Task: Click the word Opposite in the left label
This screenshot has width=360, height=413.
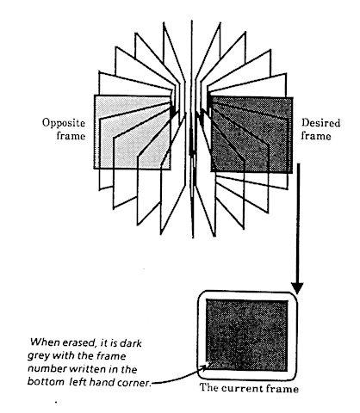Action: (x=64, y=123)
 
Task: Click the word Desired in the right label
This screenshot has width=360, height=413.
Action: (x=320, y=123)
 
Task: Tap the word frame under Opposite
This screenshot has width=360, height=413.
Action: (x=71, y=135)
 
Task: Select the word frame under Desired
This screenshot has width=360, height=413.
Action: (x=316, y=135)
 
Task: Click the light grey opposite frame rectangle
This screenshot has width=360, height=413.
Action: (x=132, y=133)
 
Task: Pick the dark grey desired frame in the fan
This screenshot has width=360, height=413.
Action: (x=251, y=135)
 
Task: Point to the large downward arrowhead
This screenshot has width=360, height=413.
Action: (x=297, y=288)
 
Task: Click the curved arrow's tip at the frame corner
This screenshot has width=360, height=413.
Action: (x=209, y=363)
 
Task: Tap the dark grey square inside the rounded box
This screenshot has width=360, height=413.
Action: (x=247, y=336)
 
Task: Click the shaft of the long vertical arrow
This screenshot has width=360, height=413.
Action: (x=298, y=224)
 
